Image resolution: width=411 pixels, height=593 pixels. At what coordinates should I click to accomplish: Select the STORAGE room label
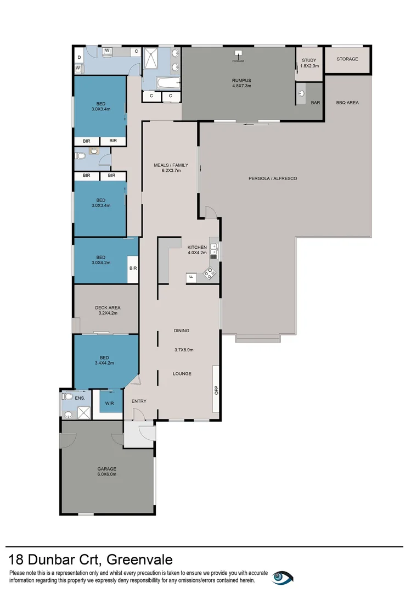[x=347, y=59]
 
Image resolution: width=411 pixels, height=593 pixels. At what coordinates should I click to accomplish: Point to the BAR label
[x=315, y=102]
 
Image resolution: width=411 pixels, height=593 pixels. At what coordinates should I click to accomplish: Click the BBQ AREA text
[x=347, y=102]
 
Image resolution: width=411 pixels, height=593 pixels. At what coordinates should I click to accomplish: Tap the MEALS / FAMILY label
[x=171, y=167]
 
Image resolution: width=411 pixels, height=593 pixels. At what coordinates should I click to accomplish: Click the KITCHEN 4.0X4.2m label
[x=197, y=250]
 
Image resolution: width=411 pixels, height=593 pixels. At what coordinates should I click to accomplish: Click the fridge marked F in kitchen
[x=191, y=277]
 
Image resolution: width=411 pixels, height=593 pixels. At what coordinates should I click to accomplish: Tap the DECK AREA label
[x=108, y=310]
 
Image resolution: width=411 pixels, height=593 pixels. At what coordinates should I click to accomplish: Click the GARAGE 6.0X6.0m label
[x=107, y=471]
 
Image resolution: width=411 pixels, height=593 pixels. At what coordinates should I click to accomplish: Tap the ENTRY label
[x=139, y=401]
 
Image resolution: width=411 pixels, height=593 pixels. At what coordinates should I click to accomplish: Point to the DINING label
[x=182, y=331]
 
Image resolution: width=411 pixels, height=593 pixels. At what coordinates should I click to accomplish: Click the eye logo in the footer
[x=283, y=577]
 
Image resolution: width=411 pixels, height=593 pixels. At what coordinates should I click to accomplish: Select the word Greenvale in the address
[x=139, y=560]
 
